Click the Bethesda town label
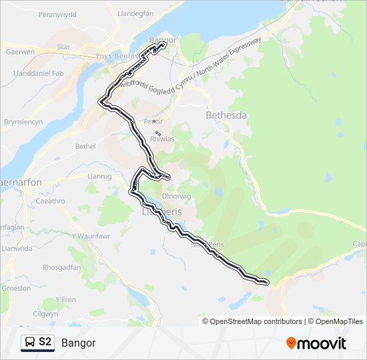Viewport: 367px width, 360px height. coord(225,115)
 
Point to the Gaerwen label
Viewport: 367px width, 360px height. coord(19,51)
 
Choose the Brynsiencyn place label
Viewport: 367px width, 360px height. coord(23,122)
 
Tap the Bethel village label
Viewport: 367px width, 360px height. coord(85,146)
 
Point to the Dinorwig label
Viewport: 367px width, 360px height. coord(177,197)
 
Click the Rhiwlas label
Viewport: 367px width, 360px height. coord(162,139)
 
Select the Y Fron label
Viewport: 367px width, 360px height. coord(65,300)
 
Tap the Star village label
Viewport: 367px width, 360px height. coord(63,47)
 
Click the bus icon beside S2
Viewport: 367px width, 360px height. coord(30,343)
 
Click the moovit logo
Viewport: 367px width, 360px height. coord(316,343)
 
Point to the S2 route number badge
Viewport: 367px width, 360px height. coord(45,343)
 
